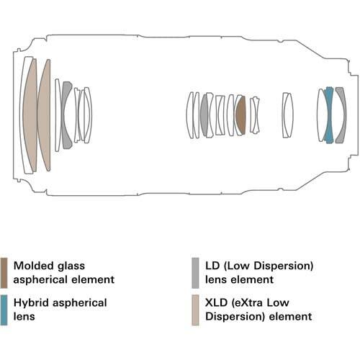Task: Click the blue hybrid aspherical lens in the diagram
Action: tap(328, 115)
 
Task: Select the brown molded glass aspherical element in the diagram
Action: tap(241, 115)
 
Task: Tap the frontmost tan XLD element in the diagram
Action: tap(30, 115)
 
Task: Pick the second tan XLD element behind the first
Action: tap(45, 115)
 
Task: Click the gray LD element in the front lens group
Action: tap(68, 115)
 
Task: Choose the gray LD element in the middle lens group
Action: tap(204, 115)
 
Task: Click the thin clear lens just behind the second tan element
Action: tap(58, 115)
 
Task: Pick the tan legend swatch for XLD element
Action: tap(195, 310)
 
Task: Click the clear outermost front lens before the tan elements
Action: tap(18, 115)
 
